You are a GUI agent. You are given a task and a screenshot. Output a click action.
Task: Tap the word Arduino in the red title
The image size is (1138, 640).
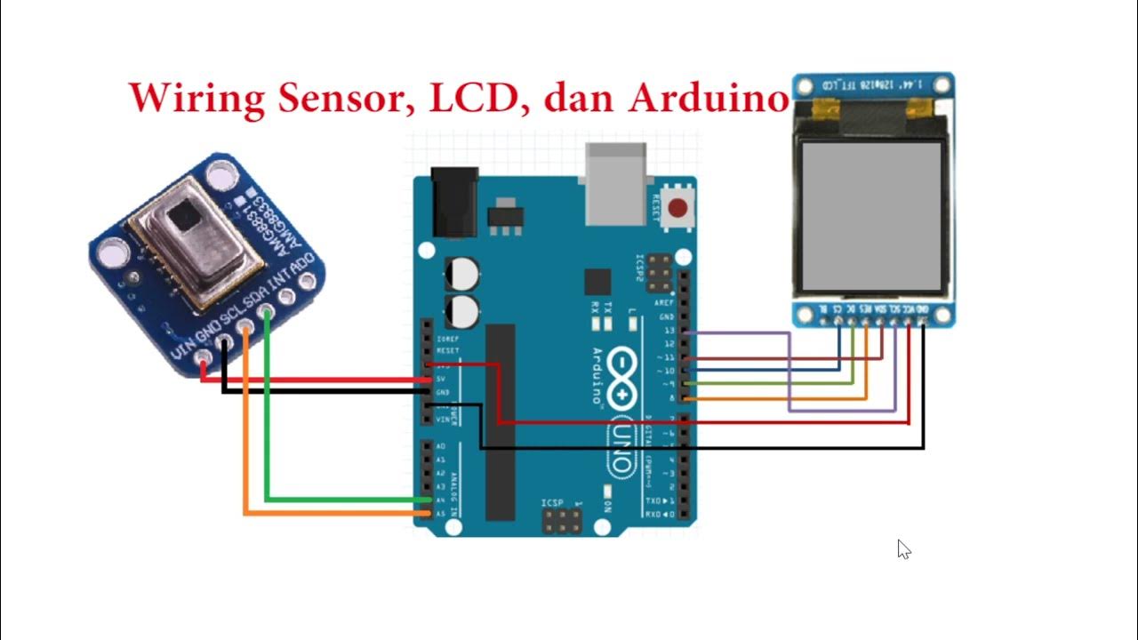pyautogui.click(x=709, y=98)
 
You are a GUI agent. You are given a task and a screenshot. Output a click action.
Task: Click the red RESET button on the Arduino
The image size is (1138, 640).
pyautogui.click(x=678, y=209)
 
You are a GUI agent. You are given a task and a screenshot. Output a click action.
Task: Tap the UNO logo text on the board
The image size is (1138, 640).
pyautogui.click(x=622, y=448)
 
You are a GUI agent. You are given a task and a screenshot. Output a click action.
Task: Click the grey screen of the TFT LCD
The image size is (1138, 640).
pyautogui.click(x=871, y=217)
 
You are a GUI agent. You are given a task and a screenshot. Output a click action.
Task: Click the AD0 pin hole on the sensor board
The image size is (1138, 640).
pyautogui.click(x=309, y=283)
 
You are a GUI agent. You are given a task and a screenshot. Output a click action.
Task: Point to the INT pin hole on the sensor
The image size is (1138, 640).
pyautogui.click(x=287, y=296)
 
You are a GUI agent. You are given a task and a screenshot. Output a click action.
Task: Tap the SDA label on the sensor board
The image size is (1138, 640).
pyautogui.click(x=260, y=293)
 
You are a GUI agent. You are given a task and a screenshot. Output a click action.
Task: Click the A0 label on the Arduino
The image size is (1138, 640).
pyautogui.click(x=440, y=447)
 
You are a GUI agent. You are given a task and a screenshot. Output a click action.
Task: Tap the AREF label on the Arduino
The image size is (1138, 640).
pyautogui.click(x=667, y=303)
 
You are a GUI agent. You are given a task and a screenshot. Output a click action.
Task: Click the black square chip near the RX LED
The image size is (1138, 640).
pyautogui.click(x=597, y=282)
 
